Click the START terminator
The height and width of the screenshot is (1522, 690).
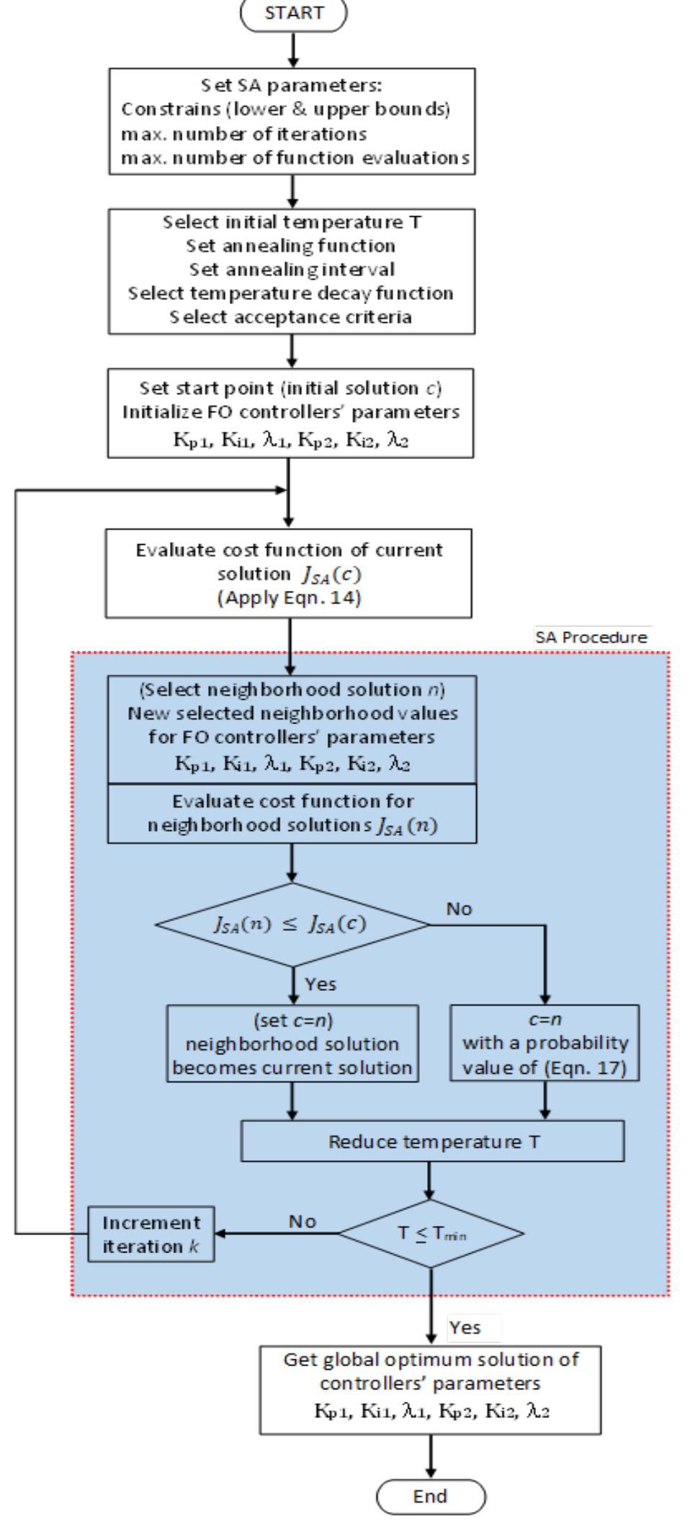[293, 14]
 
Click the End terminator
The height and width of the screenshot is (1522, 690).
[430, 1495]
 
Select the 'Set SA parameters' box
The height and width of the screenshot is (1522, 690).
[292, 121]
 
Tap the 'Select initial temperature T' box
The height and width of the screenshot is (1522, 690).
[292, 270]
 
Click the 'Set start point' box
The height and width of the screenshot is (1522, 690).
[290, 412]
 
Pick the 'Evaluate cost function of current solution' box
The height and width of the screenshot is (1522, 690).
[289, 573]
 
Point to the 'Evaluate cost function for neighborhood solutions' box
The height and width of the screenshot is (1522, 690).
[292, 813]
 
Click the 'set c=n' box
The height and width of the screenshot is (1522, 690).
[292, 1043]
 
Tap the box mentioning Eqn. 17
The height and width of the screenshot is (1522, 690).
[545, 1043]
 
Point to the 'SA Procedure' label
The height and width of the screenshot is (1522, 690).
[591, 638]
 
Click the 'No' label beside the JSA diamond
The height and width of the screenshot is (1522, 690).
[459, 909]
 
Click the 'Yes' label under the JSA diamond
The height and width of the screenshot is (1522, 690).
[321, 984]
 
